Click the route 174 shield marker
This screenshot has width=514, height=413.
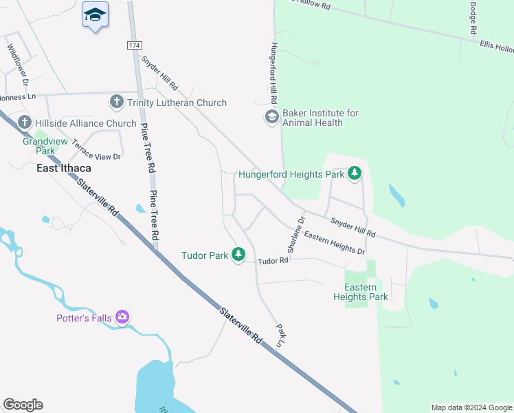point(134,45)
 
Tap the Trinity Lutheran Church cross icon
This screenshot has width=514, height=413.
point(117,103)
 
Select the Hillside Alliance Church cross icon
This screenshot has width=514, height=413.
point(25,123)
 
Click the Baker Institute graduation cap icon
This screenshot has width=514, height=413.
point(272,118)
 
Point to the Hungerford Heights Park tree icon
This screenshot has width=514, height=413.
point(355,174)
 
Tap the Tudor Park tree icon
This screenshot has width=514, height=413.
point(238,255)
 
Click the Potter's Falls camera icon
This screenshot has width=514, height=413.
point(122,317)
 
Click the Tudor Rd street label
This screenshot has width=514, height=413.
point(273,262)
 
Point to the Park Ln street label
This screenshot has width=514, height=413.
point(280,335)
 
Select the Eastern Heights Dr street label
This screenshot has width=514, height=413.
point(334,242)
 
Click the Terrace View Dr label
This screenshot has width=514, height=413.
point(96,149)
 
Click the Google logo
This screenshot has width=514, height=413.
point(23,405)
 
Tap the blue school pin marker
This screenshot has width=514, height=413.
point(95,15)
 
